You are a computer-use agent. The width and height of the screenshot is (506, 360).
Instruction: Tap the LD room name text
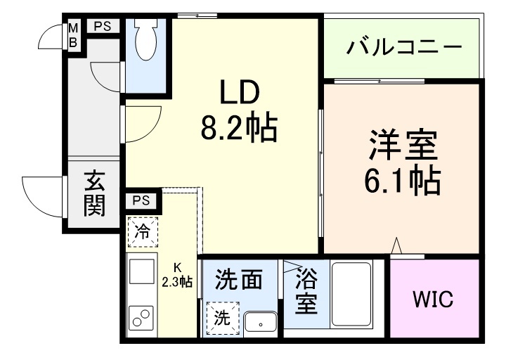[x=240, y=92]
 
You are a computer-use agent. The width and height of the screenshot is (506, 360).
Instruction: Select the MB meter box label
[x=72, y=34]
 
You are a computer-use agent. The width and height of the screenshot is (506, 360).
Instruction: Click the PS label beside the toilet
[x=103, y=27]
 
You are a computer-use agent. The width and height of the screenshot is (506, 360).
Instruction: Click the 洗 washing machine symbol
[x=222, y=317]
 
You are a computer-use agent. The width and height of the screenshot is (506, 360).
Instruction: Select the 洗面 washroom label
[x=239, y=279]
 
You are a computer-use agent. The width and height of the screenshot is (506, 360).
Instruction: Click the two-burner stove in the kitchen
[x=142, y=318]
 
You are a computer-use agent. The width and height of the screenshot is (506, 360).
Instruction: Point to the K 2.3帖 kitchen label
[x=177, y=276]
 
